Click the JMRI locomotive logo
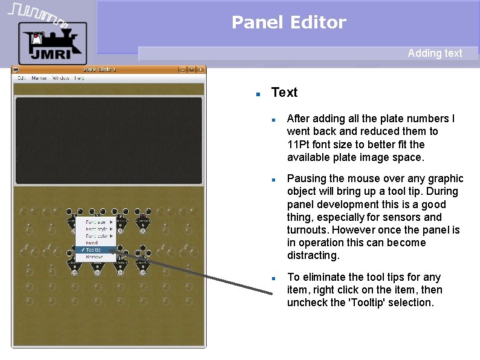point(52,42)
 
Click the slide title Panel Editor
point(288,23)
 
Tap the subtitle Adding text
point(435,53)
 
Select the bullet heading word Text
point(284,93)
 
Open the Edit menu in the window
point(21,78)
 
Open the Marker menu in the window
point(39,78)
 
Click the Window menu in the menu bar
point(60,78)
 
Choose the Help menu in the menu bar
point(79,78)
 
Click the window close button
point(200,70)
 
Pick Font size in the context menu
point(96,222)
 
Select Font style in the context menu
point(96,229)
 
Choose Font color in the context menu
point(96,236)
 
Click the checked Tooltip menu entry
point(94,250)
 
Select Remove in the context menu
point(94,257)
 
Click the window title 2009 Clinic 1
point(100,70)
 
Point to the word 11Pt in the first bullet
point(299,145)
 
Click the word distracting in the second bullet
point(313,255)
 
